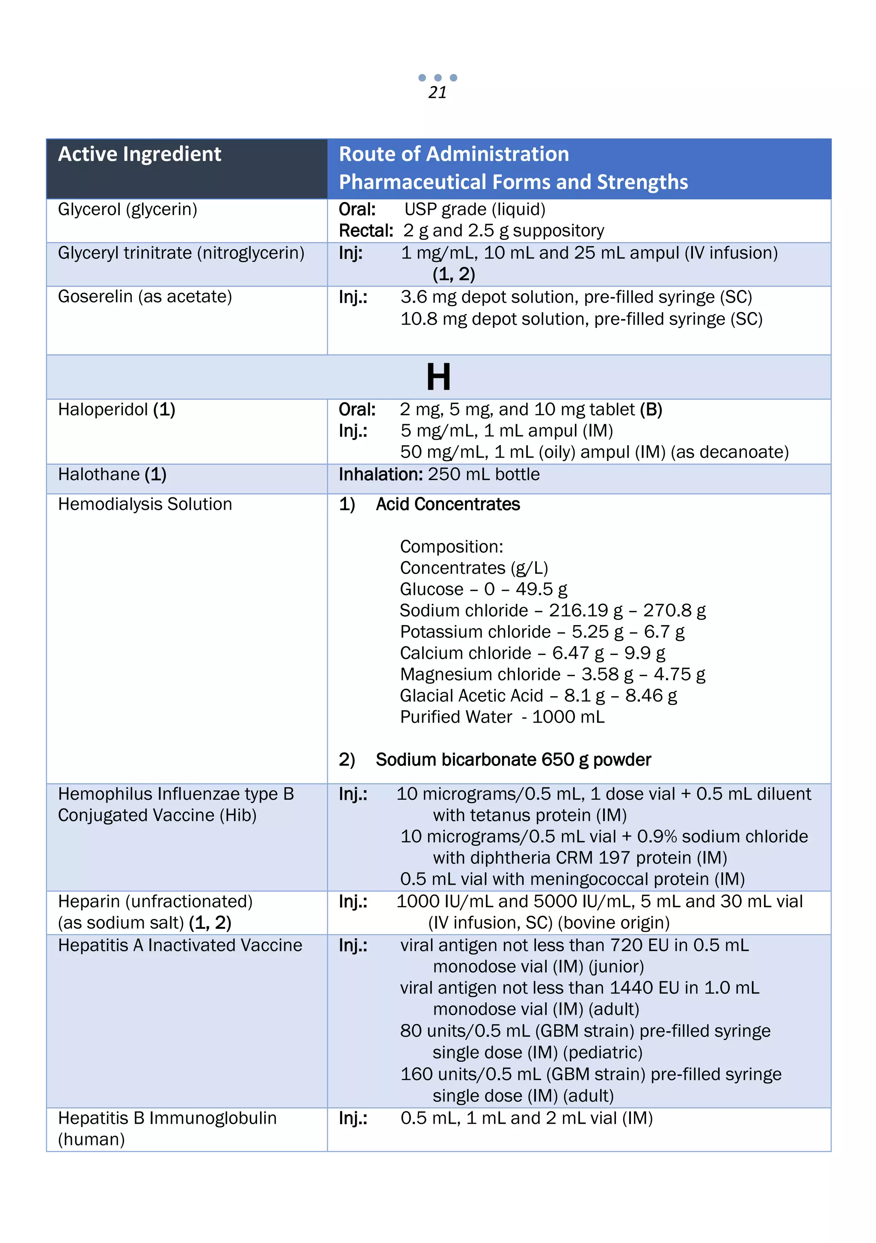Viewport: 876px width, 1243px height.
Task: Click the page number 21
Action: [x=438, y=93]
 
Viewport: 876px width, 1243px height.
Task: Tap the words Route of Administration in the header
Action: [x=454, y=154]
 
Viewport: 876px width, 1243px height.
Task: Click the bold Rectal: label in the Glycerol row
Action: [x=365, y=230]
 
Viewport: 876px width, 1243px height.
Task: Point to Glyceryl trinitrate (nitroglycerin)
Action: [x=181, y=253]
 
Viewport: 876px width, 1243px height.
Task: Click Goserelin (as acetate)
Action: [x=145, y=297]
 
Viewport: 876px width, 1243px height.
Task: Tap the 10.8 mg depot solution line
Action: [x=580, y=319]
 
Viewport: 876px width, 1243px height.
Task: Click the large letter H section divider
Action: [x=438, y=377]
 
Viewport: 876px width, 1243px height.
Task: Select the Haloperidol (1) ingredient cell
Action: [x=116, y=409]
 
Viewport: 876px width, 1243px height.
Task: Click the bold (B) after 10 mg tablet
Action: [x=651, y=409]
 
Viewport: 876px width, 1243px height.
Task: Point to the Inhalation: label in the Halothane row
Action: [x=380, y=474]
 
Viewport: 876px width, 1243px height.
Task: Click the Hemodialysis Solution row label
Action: [x=145, y=504]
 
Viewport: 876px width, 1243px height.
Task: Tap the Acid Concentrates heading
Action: [x=447, y=504]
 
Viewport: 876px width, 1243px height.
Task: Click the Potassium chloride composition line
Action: [x=542, y=632]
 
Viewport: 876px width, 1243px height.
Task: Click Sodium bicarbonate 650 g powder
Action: [x=513, y=759]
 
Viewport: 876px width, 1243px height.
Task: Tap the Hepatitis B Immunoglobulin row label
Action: [x=167, y=1118]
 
